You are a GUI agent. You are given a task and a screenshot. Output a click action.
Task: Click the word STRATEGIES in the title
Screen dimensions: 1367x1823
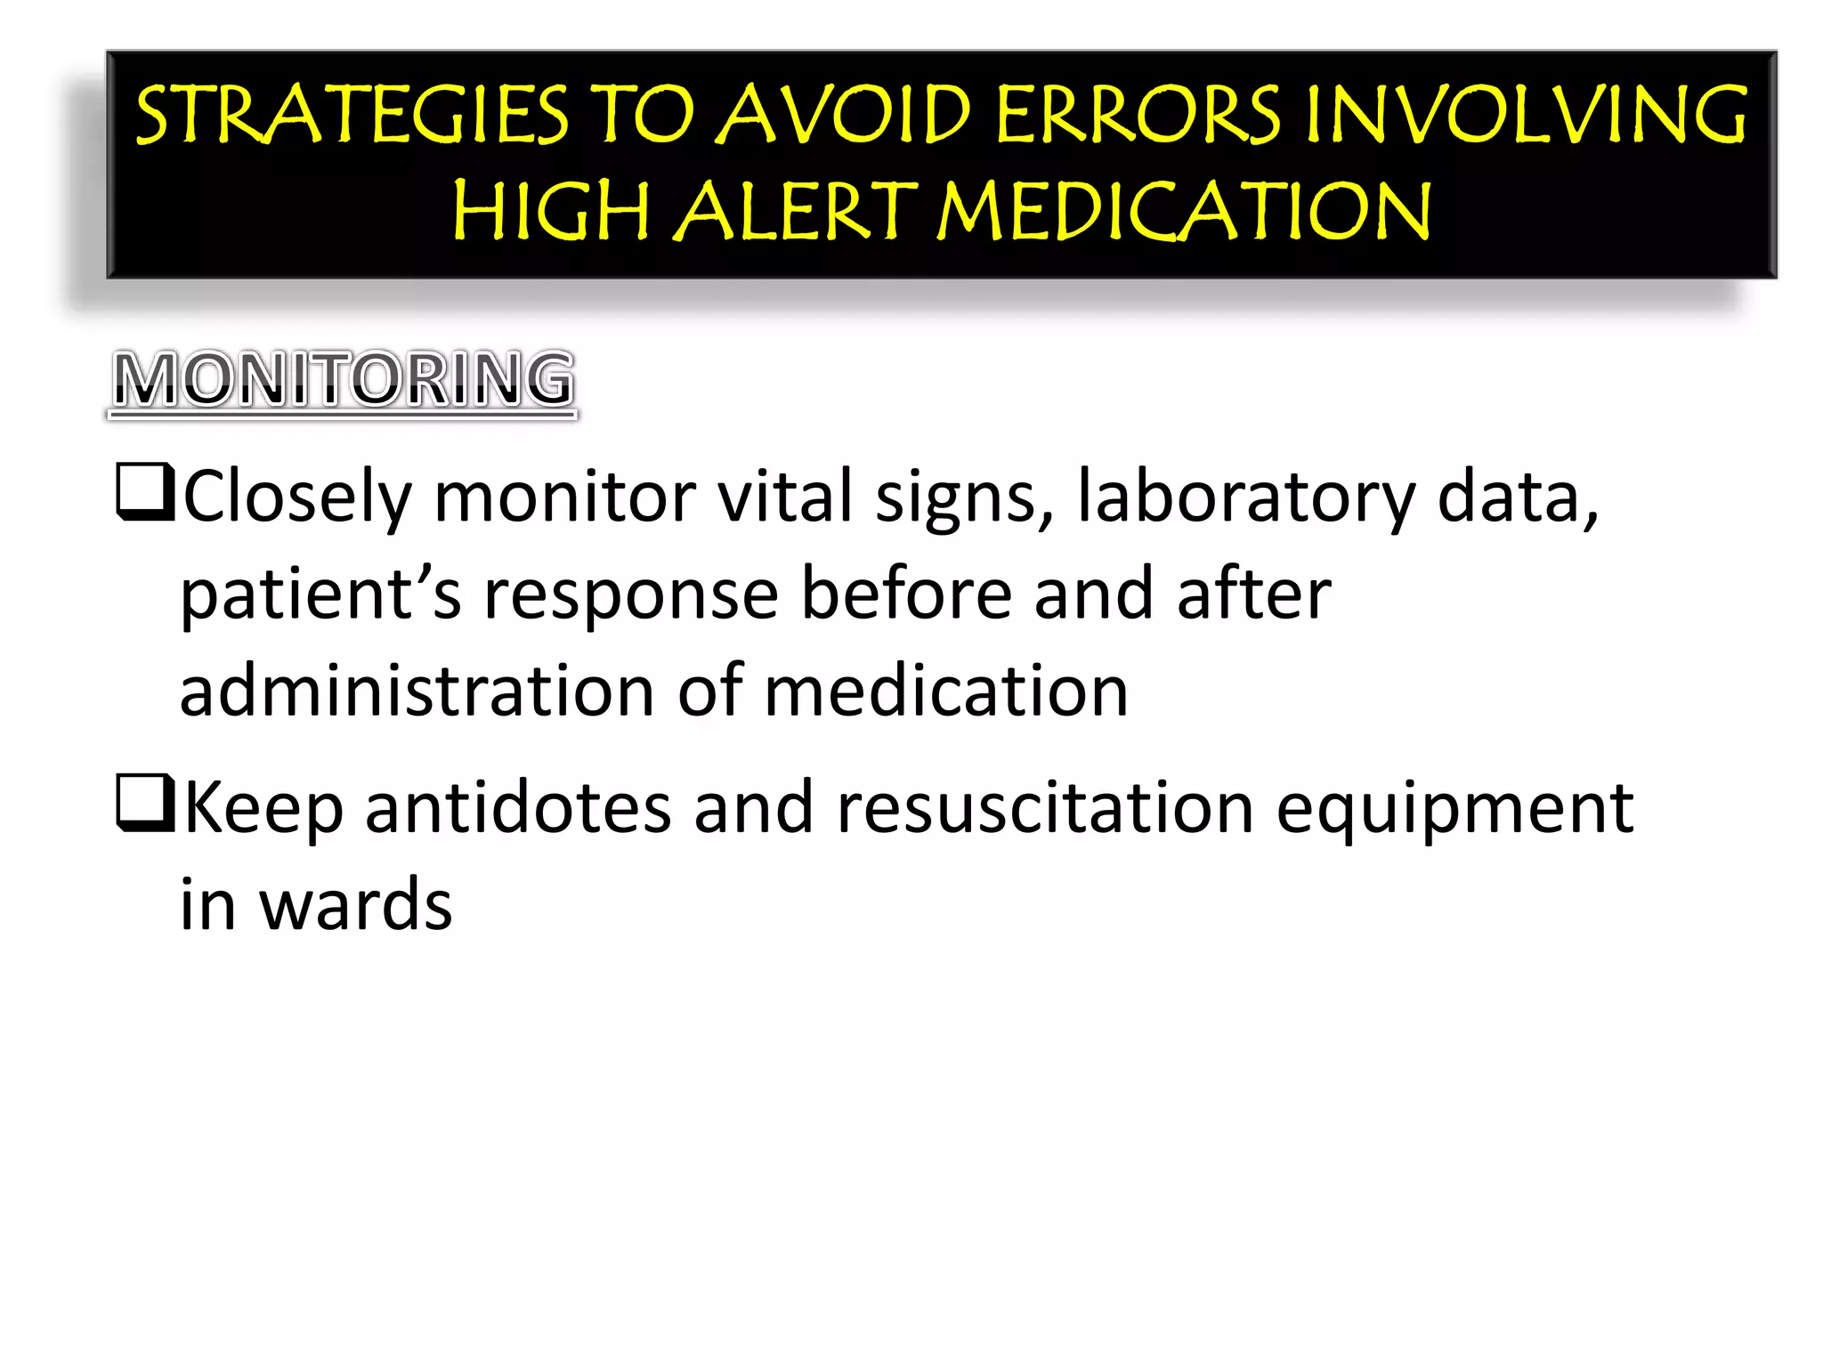352,116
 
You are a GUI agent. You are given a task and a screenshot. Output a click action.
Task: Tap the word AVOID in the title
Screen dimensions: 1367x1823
844,116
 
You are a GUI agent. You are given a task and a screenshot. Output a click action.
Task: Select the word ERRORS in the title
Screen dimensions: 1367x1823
1138,116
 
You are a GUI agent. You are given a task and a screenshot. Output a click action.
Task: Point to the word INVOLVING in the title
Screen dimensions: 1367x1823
1526,116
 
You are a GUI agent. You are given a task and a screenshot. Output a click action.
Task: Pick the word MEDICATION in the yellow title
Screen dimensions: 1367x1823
1185,212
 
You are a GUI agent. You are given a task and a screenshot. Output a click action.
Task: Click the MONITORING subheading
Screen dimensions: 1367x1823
344,380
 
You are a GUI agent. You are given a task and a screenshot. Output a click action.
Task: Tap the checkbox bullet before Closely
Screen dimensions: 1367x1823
144,491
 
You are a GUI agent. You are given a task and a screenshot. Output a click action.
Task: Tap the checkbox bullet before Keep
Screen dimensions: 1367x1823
144,803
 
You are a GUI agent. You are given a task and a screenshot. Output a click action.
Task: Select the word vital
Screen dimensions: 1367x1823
786,497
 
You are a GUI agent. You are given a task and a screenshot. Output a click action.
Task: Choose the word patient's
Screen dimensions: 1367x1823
320,595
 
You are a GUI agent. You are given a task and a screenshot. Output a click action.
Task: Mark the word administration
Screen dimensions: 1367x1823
417,692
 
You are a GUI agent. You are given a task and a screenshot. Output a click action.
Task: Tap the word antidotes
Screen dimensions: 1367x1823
518,808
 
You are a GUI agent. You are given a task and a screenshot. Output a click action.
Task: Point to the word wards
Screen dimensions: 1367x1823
355,906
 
